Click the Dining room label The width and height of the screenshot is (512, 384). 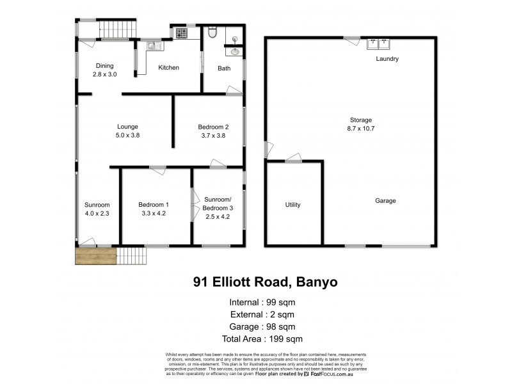tap(104, 66)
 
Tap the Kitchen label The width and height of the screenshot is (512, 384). tap(168, 68)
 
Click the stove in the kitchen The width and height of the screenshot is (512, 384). tap(181, 32)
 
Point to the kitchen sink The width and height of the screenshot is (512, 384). tap(153, 45)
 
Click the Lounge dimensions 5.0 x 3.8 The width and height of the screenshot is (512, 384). tap(127, 135)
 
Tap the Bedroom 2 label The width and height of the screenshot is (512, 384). tap(213, 127)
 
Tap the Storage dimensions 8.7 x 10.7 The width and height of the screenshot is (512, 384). tap(360, 129)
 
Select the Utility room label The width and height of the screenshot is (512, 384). tap(292, 205)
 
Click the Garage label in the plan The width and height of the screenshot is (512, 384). tap(385, 201)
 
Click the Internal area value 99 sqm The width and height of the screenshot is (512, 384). tap(282, 303)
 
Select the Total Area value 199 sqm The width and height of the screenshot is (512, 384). tap(288, 339)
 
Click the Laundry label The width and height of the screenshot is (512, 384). tap(388, 60)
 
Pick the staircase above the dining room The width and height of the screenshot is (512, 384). tap(117, 29)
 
